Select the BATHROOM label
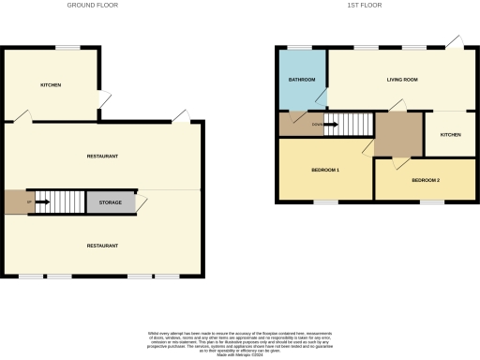point(302,79)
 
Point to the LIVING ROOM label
point(401,79)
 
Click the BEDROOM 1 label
point(324,170)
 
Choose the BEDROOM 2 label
point(425,179)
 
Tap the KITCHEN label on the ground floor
point(51,85)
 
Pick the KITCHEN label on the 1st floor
point(451,135)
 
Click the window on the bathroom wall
point(299,47)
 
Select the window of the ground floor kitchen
point(67,47)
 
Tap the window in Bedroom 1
point(324,202)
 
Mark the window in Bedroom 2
point(431,202)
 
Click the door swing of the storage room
point(142,203)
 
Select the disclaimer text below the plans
point(240,340)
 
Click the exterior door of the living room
point(454,42)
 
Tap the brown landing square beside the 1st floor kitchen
point(397,134)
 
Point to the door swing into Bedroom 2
point(402,163)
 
